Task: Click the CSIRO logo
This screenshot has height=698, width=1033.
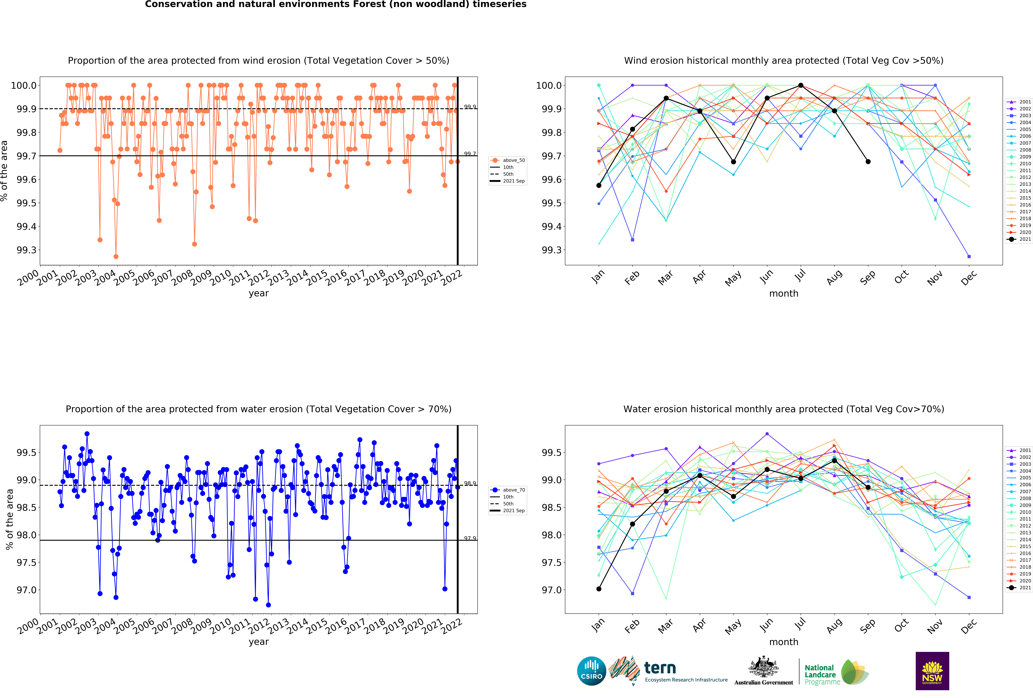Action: click(591, 671)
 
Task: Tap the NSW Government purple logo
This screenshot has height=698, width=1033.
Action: click(932, 671)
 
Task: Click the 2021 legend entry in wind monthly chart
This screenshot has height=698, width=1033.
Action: click(1019, 239)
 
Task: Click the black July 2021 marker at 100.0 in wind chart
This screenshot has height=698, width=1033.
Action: click(801, 85)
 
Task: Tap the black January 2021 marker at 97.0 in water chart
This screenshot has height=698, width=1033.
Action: click(599, 589)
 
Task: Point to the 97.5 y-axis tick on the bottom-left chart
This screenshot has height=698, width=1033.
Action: click(27, 563)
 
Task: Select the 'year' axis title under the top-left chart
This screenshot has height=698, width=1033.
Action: click(259, 293)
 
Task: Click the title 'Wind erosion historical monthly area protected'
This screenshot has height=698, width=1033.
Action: click(784, 60)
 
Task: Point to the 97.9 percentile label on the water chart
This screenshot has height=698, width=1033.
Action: click(470, 538)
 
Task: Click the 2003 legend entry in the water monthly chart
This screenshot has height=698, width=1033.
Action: click(1019, 464)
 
